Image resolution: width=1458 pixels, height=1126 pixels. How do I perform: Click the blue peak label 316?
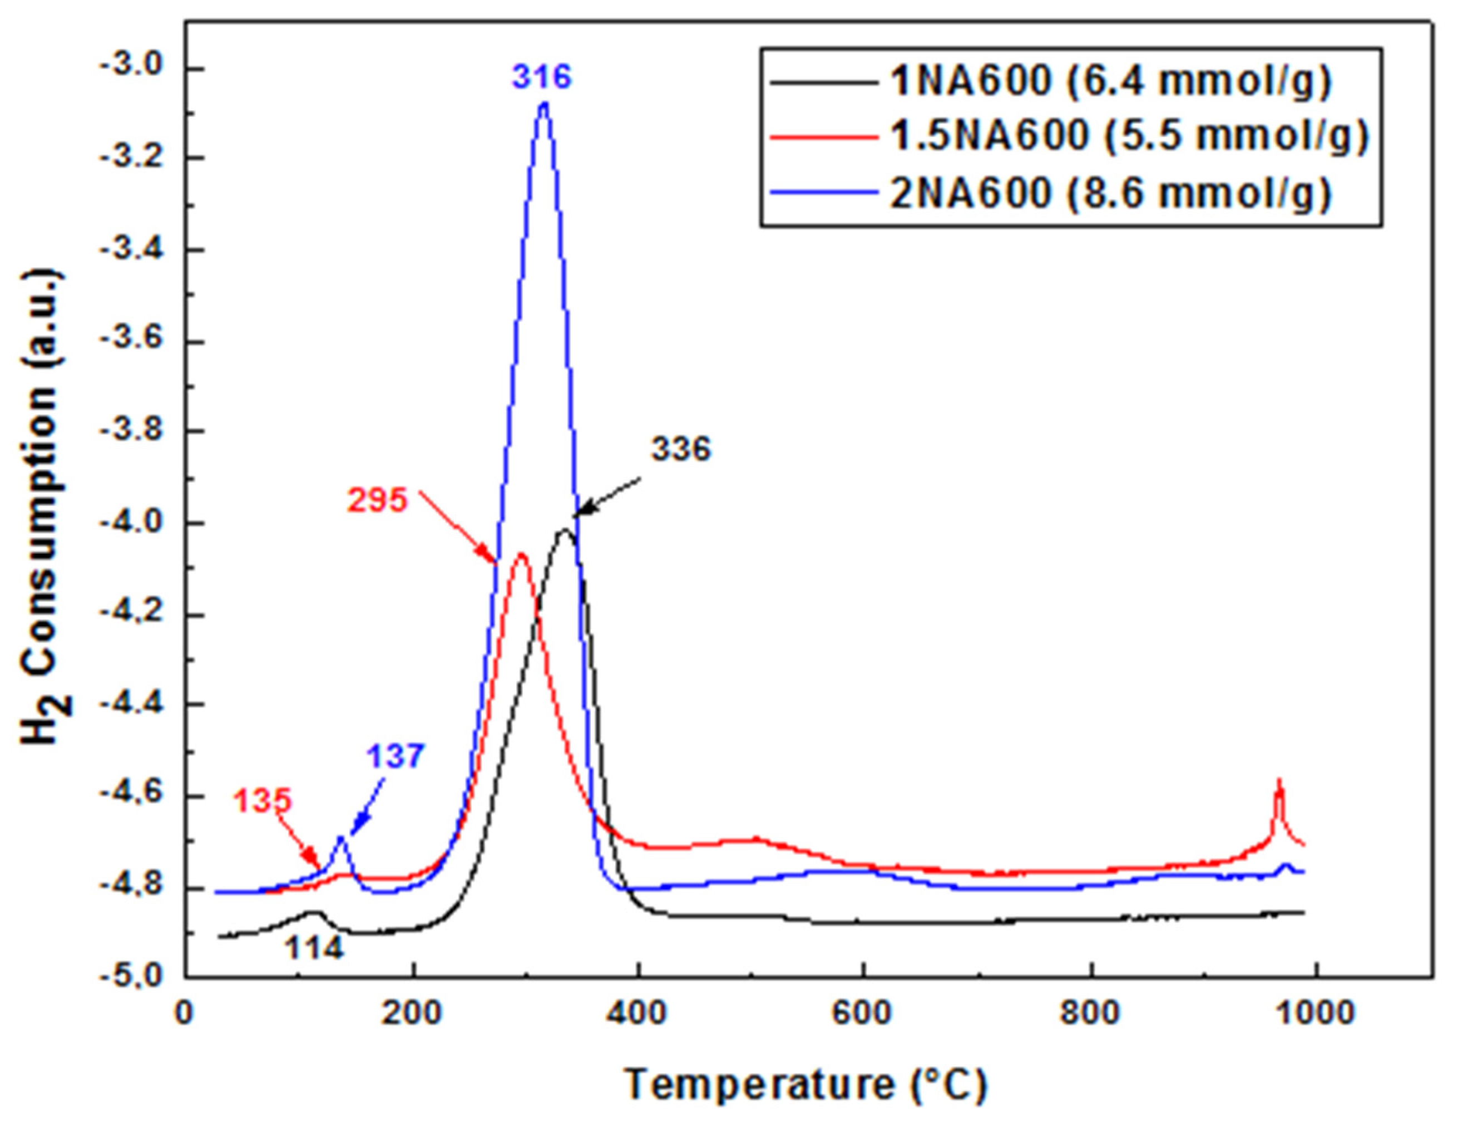pos(542,77)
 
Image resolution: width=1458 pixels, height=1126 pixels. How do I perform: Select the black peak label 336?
pos(681,450)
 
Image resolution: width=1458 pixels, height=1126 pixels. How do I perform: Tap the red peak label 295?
pos(377,500)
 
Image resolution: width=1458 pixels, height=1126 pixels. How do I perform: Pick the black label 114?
pos(315,948)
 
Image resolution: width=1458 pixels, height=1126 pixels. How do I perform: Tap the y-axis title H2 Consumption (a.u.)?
pos(46,508)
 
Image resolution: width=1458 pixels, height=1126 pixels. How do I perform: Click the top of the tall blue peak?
pos(544,104)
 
